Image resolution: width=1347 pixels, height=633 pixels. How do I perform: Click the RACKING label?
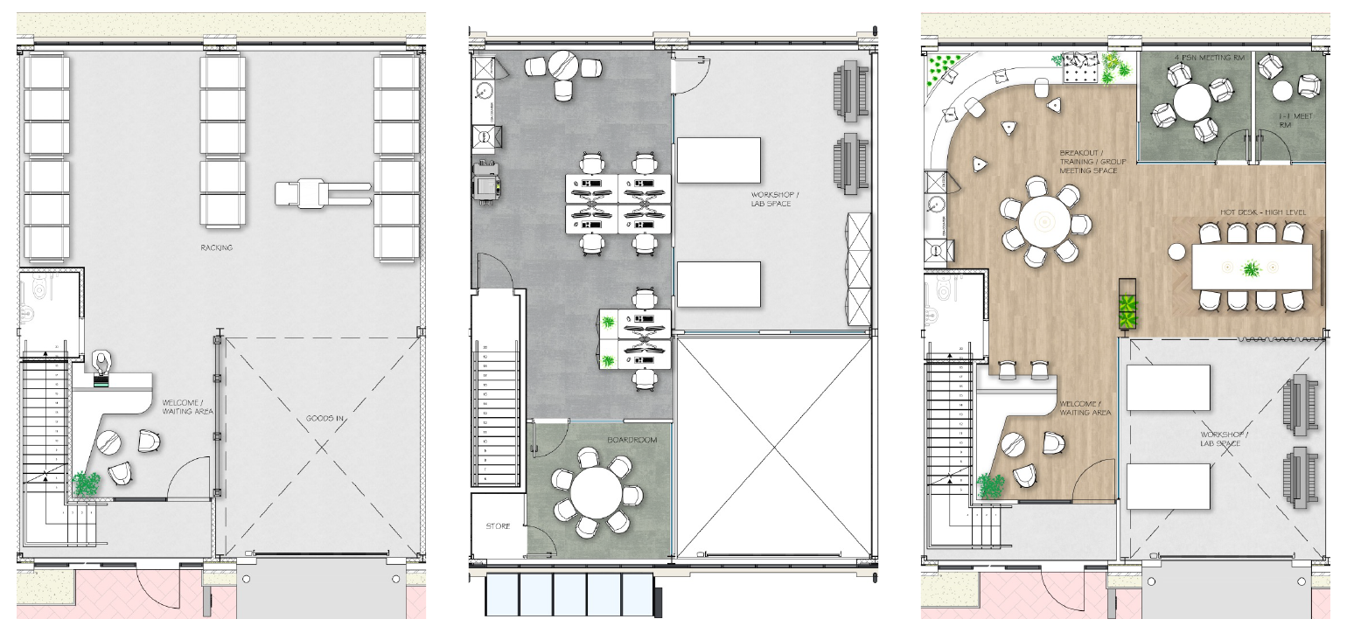pos(216,248)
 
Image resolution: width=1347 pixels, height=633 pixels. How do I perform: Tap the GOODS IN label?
pos(325,419)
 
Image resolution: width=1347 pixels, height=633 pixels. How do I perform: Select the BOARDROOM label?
pos(632,440)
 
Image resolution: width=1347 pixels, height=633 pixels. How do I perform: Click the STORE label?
pos(499,526)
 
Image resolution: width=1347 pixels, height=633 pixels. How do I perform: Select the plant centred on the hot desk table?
pos(1253,268)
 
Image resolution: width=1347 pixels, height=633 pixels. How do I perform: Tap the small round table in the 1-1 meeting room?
pos(1282,90)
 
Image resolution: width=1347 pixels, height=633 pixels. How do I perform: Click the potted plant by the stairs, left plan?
pos(86,483)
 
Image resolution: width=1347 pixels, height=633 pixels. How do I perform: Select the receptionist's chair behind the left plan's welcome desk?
pos(103,361)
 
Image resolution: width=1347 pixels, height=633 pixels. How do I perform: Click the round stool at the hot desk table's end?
pos(1176,252)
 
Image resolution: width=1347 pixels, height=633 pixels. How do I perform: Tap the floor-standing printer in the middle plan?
pos(487,181)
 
